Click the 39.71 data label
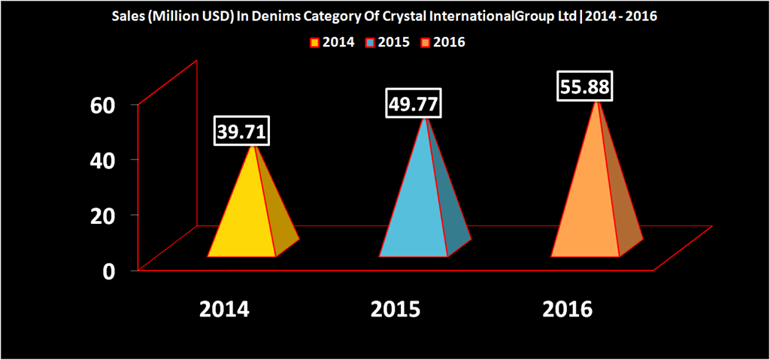(x=241, y=132)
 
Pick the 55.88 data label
(x=584, y=86)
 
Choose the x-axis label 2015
(x=396, y=310)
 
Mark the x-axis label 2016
(x=568, y=310)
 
